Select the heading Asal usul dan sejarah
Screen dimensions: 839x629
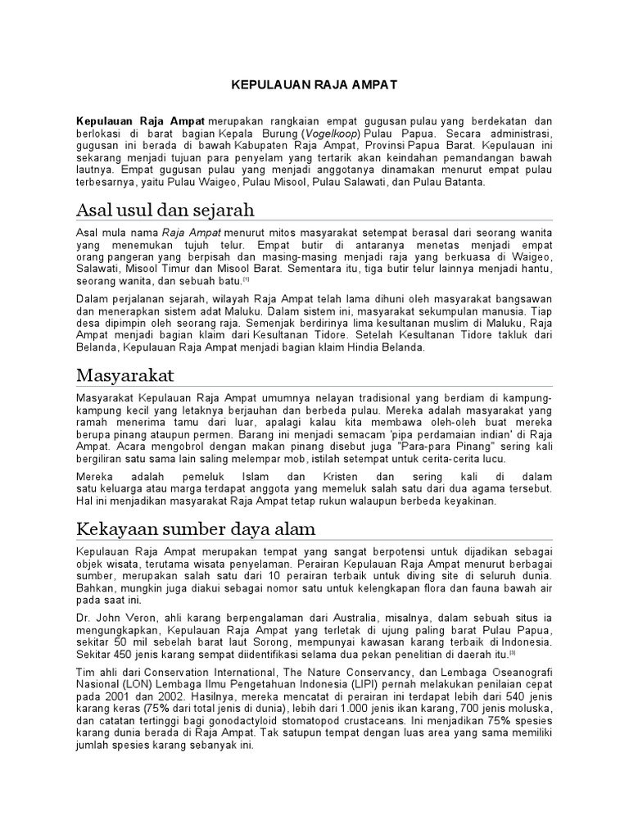point(165,209)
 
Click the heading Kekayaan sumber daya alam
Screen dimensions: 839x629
point(195,528)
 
